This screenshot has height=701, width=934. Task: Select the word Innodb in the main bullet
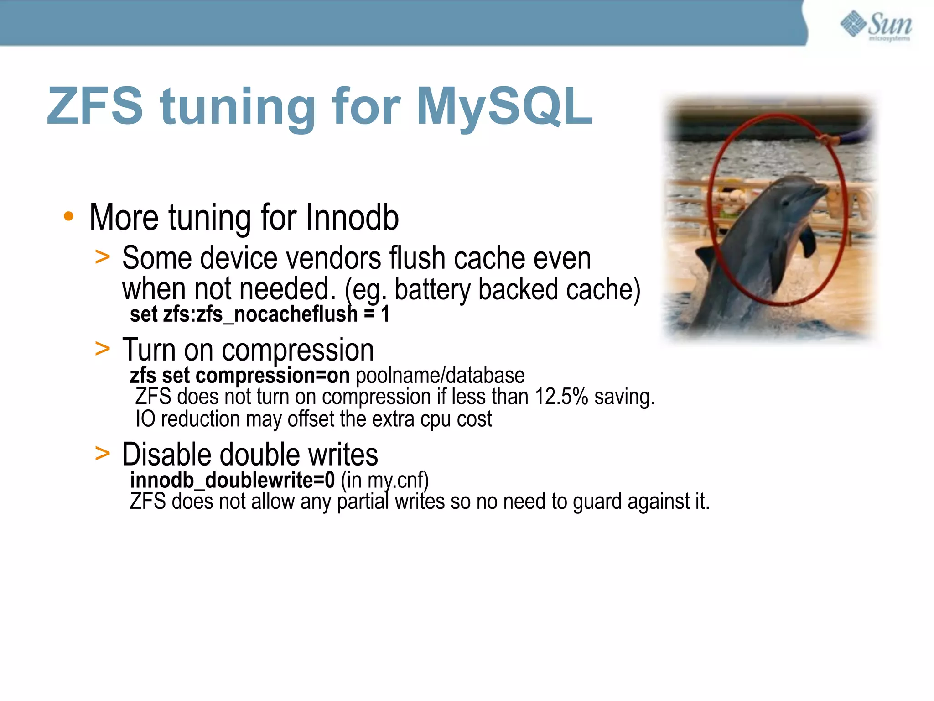click(352, 218)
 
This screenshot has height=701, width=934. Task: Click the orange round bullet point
click(68, 216)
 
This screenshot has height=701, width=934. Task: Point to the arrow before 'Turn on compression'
click(103, 349)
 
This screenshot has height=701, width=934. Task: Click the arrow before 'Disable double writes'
click(103, 454)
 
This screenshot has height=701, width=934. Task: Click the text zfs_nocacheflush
click(277, 314)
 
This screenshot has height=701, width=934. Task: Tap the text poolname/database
click(440, 376)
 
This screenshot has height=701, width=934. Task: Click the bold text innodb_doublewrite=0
click(232, 480)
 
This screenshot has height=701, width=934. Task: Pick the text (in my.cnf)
click(384, 480)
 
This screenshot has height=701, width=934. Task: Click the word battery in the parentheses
click(432, 289)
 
